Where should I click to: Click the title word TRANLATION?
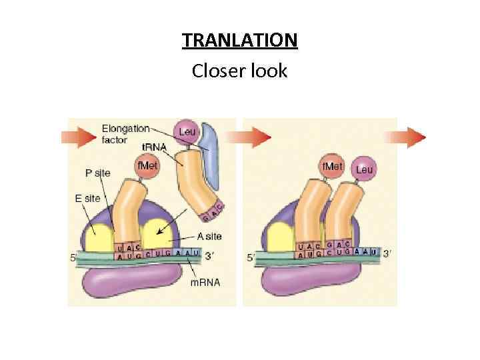point(240,41)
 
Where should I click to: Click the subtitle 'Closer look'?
point(239,70)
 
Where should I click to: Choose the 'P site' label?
point(98,173)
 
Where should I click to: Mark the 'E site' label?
point(88,198)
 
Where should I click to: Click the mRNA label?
point(205,282)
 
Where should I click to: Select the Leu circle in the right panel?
point(364,170)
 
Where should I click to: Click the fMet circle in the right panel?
point(333,165)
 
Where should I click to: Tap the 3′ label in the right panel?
point(388,253)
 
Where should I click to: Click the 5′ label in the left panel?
point(74,257)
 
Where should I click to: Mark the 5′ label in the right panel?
point(251,257)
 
